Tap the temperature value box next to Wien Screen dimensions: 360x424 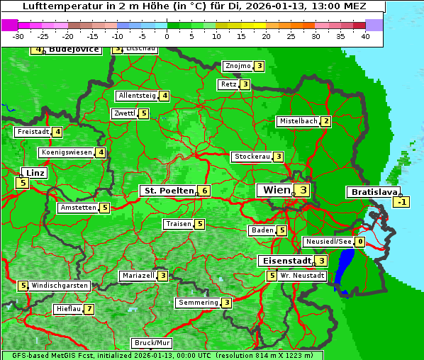click(303, 190)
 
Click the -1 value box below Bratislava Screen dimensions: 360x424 click(402, 202)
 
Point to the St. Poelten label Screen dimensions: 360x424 click(167, 191)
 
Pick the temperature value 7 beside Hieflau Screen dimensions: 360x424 click(89, 309)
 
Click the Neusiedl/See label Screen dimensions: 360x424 click(328, 242)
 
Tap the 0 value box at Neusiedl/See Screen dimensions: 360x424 click(360, 242)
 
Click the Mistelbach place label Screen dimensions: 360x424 click(299, 121)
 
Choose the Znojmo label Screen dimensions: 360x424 click(238, 66)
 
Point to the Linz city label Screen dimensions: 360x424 click(33, 173)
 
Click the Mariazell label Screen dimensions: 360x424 click(138, 276)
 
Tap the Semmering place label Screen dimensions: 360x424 click(198, 303)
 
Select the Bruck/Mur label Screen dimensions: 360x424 click(152, 342)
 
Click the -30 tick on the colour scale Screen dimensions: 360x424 click(18, 36)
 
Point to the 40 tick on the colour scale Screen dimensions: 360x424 click(365, 36)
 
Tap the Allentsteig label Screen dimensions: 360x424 click(137, 96)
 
